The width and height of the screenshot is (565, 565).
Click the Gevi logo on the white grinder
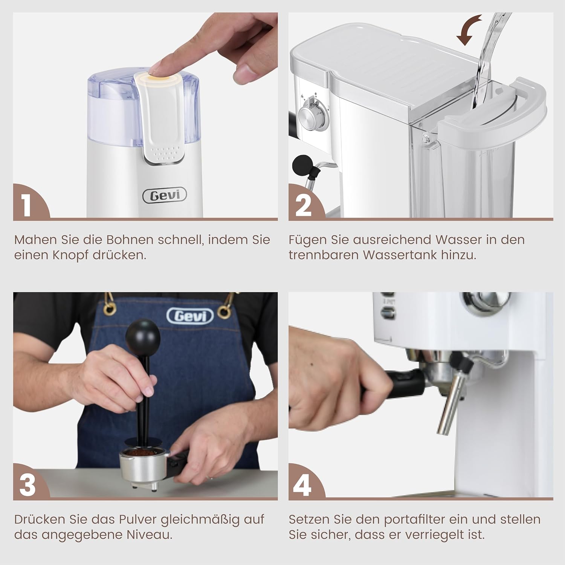(164, 195)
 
